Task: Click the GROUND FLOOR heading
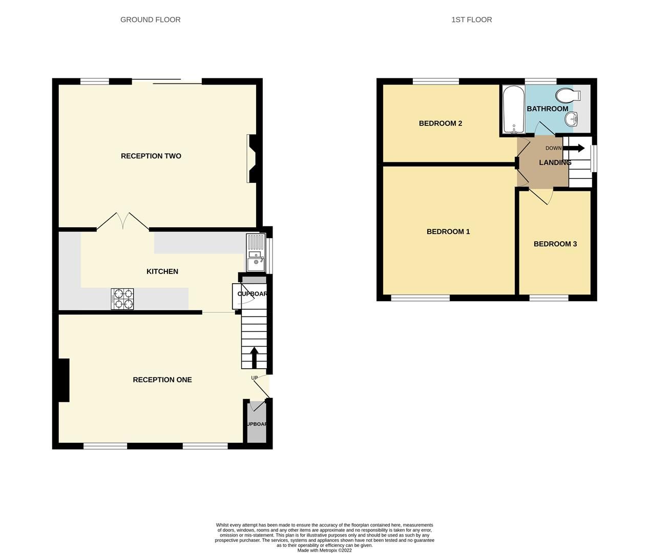click(150, 19)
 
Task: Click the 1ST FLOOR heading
click(471, 19)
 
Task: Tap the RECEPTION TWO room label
click(151, 156)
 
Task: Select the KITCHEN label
click(162, 271)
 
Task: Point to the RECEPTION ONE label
click(162, 379)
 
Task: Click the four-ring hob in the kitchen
click(122, 299)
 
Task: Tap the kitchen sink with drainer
click(255, 254)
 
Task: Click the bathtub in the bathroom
click(513, 110)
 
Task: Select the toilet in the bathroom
click(568, 95)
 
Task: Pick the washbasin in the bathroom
click(572, 119)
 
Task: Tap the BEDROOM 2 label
click(440, 123)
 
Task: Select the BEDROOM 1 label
click(448, 231)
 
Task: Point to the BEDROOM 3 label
click(555, 244)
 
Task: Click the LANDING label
click(555, 162)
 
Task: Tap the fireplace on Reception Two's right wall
click(252, 158)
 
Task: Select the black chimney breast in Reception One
click(63, 380)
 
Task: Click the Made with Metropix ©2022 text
click(324, 550)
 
